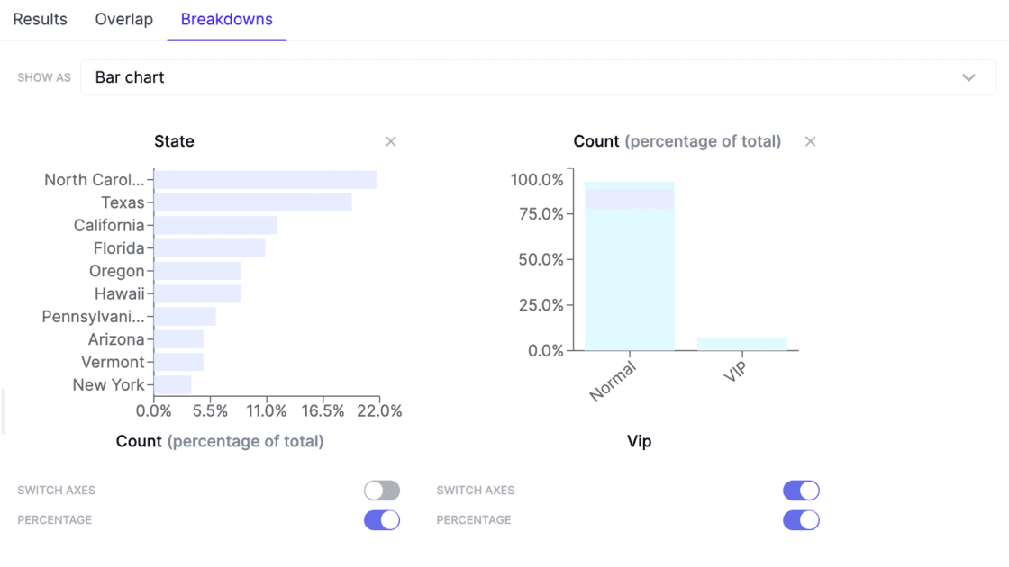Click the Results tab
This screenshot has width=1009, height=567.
(40, 19)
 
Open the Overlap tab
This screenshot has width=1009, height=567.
(123, 19)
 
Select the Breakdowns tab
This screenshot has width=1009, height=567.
(226, 19)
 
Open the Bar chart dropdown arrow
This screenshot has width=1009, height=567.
(968, 77)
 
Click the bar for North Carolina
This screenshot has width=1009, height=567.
(265, 180)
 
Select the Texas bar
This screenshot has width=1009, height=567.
(252, 202)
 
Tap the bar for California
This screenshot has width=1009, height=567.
(215, 225)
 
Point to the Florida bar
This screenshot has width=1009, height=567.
(209, 248)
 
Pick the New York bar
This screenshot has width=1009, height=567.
(172, 385)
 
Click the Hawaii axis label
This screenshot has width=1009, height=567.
(119, 293)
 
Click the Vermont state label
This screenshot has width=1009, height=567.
(113, 362)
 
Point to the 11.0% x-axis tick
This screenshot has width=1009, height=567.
(267, 411)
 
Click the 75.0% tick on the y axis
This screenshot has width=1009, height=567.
(537, 214)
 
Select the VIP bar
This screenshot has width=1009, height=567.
(741, 344)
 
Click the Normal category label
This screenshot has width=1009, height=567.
(614, 382)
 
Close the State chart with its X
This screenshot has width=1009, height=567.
(391, 141)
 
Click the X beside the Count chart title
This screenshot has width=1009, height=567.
(811, 141)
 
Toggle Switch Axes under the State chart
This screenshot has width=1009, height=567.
(382, 490)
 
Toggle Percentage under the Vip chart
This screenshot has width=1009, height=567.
(801, 520)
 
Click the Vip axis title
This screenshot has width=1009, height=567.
(639, 441)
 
